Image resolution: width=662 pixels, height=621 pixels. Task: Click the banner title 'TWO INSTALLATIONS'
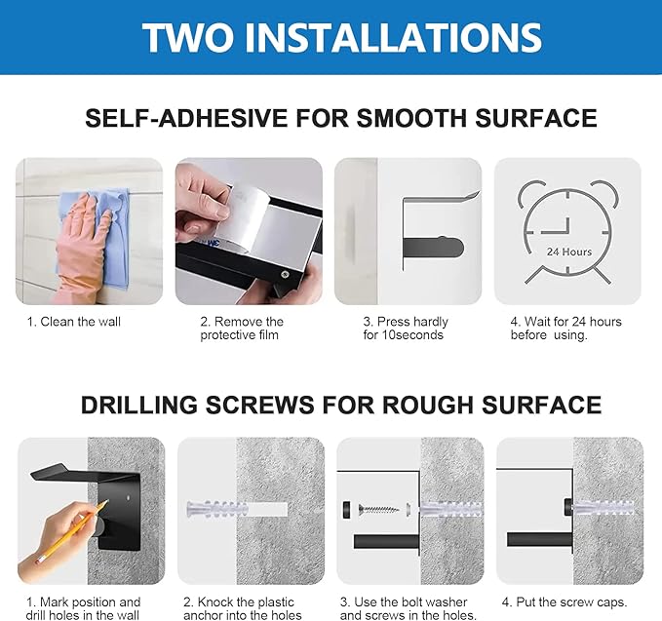click(340, 37)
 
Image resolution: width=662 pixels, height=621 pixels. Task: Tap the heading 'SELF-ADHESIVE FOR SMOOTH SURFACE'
click(340, 119)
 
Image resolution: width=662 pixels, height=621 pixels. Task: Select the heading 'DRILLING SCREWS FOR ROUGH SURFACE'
click(340, 405)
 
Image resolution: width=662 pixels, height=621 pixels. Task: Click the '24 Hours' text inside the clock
click(568, 252)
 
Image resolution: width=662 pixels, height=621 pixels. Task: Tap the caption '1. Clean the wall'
click(74, 322)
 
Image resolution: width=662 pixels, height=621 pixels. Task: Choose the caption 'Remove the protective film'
click(241, 329)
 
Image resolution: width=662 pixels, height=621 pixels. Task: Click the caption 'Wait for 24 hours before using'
click(565, 329)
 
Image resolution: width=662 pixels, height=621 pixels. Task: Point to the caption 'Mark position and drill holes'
click(83, 608)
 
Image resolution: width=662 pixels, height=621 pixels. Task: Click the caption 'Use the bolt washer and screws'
click(408, 608)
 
